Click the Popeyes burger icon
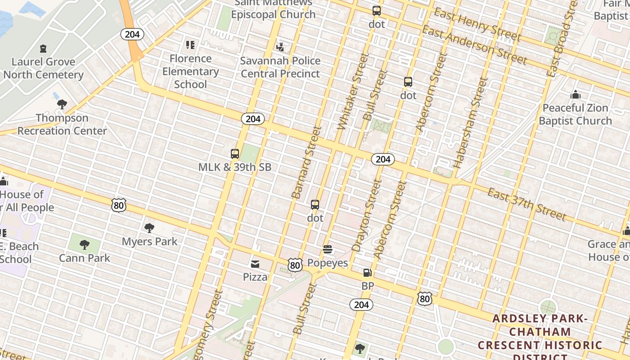coord(328,249)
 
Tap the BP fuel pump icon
coord(368,272)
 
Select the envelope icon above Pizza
coord(255,264)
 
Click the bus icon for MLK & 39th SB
coord(234,154)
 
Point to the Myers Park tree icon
coord(149,228)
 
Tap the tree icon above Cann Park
coord(84,245)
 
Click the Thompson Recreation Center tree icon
coord(62,104)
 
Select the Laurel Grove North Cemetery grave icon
coord(43,48)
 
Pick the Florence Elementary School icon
coord(190,45)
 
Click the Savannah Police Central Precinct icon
coord(280,47)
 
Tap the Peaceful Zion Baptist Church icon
coord(575,95)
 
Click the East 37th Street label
coord(527,204)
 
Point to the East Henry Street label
coord(477,25)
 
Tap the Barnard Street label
coord(307,162)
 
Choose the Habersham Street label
coord(470,122)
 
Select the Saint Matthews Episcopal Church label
coord(273,9)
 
